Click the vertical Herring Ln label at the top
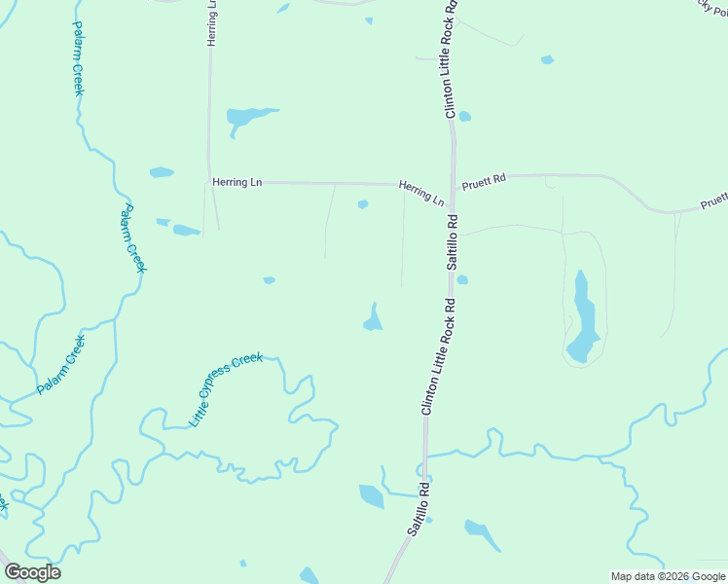(211, 22)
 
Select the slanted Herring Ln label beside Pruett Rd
(421, 192)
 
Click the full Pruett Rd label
(485, 180)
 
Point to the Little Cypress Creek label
(226, 389)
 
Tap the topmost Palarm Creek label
(77, 58)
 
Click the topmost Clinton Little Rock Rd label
(451, 60)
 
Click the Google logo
(32, 572)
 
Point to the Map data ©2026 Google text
(669, 576)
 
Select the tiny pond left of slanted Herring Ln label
(363, 204)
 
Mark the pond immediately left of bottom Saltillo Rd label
(372, 496)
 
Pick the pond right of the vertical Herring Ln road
(248, 118)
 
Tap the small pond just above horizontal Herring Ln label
(162, 172)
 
